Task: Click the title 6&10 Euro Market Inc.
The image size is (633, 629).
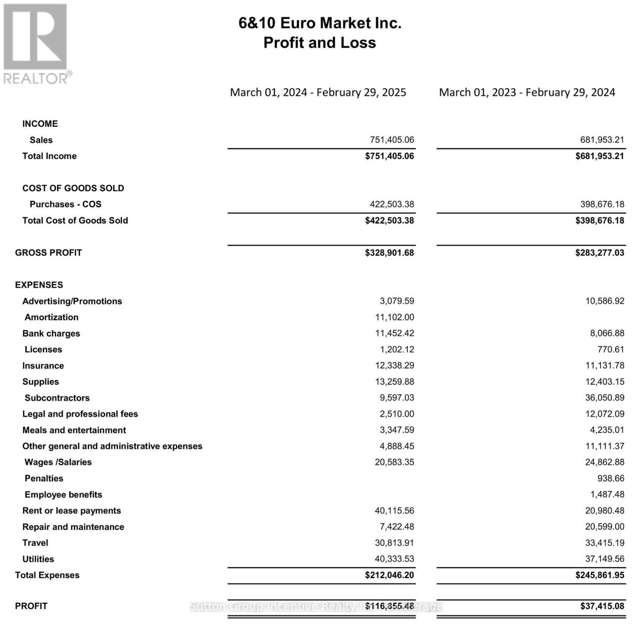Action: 320,23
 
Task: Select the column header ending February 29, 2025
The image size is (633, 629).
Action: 318,92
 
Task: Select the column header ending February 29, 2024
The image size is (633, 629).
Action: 527,92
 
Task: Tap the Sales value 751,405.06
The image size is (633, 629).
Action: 392,140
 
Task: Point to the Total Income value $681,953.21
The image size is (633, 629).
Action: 599,156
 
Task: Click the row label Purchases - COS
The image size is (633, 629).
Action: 65,204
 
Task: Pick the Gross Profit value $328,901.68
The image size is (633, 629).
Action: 390,253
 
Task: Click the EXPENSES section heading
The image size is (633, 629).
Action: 39,285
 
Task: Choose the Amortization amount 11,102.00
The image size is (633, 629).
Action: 394,317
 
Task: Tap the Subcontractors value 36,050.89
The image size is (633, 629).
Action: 605,398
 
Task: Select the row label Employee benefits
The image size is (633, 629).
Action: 63,495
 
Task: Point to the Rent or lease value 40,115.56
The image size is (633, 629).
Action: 394,511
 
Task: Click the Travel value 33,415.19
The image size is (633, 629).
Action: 605,543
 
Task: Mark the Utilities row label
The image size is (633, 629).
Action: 38,559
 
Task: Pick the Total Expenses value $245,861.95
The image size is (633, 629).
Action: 599,575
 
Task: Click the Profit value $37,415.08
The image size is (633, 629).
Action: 602,606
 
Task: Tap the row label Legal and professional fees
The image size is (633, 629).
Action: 80,414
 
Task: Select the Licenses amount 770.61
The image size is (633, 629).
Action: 610,350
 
